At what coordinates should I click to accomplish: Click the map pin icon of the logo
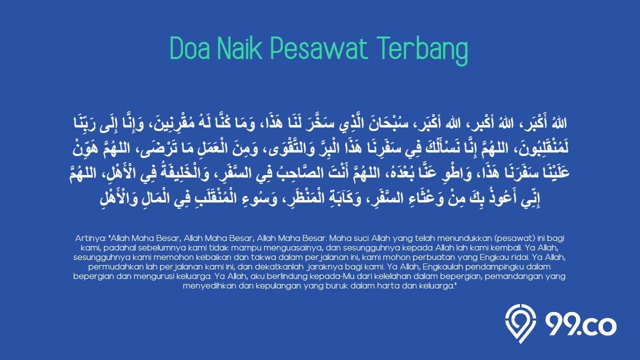[x=520, y=323]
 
